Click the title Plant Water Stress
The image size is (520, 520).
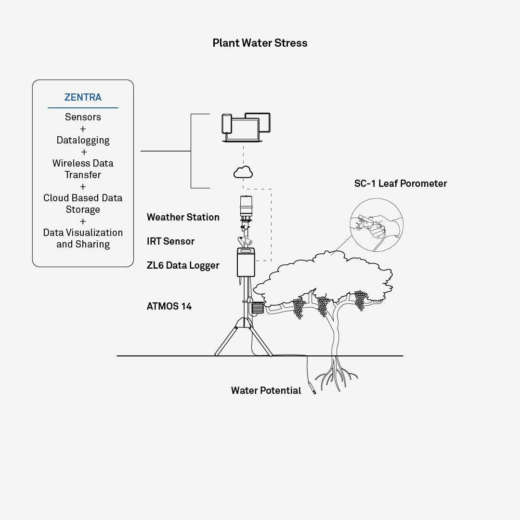coord(260,43)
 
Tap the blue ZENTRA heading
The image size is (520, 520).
coord(83,97)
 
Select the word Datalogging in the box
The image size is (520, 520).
coord(83,140)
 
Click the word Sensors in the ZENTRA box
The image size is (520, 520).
coord(83,117)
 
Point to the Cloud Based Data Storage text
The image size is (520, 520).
coord(83,204)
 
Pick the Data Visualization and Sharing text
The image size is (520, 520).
coord(83,238)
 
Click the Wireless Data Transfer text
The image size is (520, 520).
coord(83,169)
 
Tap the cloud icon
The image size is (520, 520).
coord(243,171)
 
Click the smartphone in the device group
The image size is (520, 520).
coord(227,124)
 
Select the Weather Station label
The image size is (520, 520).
coord(183,217)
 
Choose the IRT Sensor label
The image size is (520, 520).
coord(170,241)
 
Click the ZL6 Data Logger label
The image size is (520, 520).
coord(183,265)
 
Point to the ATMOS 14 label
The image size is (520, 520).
coord(169,306)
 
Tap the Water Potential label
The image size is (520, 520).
coord(266,390)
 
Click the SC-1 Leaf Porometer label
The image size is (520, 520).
coord(401,183)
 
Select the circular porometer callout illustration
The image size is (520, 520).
coord(377,226)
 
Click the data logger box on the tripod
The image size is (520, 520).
coord(246,263)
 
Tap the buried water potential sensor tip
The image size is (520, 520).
coord(313,390)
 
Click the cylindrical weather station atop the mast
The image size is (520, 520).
coord(246,207)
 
